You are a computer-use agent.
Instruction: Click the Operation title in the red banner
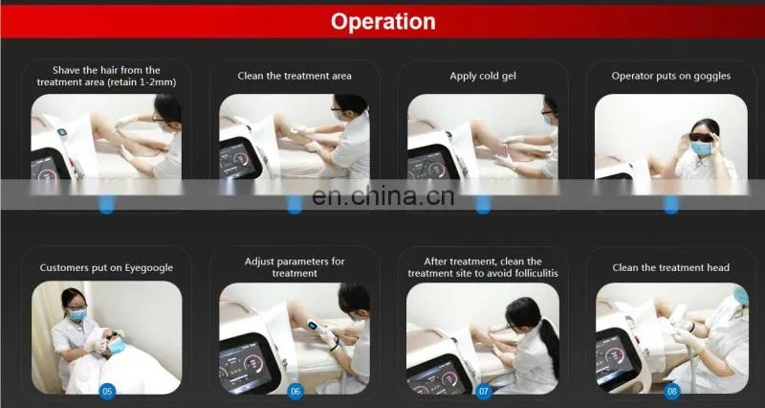[383, 21]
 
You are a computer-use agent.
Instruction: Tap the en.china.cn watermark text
[383, 196]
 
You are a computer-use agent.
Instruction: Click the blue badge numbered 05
[107, 391]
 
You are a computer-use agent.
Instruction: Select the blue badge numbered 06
[295, 391]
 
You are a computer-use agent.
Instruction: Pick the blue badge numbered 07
[483, 391]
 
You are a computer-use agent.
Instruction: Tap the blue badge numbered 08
[672, 391]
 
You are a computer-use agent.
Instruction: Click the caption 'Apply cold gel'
[483, 77]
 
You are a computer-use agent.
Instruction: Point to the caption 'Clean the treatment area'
[295, 76]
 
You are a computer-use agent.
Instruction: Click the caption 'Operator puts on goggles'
[671, 76]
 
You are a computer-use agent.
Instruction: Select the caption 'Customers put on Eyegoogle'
[106, 268]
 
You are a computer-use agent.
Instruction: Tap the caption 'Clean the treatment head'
[671, 268]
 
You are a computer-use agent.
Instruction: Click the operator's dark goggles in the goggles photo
[701, 137]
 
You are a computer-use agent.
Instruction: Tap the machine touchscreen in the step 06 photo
[243, 365]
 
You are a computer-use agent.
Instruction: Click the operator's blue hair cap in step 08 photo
[741, 294]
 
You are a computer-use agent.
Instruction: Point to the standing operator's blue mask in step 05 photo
[78, 315]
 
